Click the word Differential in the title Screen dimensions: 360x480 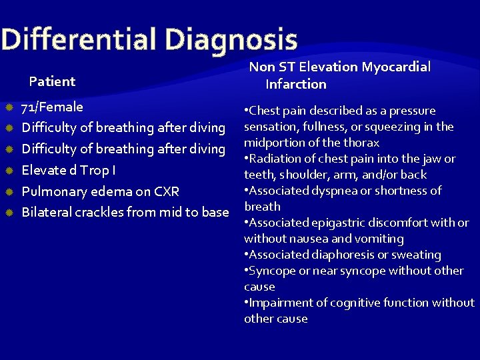[79, 39]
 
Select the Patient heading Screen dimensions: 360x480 [52, 81]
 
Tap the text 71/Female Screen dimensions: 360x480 [52, 107]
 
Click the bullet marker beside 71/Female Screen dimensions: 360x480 [9, 107]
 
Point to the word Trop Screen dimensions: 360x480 [93, 170]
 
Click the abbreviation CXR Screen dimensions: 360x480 [166, 191]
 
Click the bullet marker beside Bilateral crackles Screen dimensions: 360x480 [9, 213]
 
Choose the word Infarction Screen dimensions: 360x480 [296, 84]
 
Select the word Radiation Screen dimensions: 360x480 [275, 159]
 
